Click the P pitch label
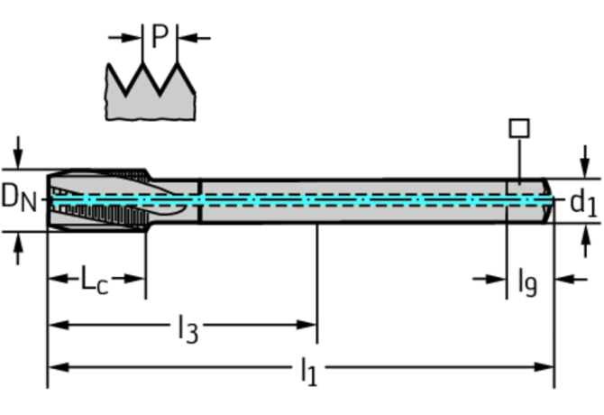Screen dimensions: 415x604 point(160,36)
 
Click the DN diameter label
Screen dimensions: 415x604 point(19,197)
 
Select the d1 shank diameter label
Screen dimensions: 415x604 point(582,204)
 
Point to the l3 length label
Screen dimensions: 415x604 point(187,329)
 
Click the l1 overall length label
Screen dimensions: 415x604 point(308,371)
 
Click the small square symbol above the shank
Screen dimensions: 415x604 point(519,128)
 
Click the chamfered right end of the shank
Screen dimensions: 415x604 point(546,199)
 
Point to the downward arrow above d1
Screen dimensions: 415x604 point(584,167)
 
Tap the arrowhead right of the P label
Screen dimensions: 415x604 point(186,38)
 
